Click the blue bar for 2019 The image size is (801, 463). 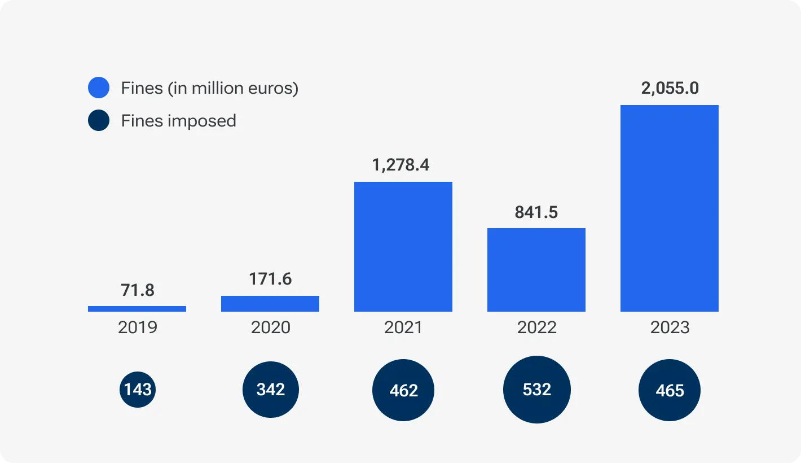click(137, 309)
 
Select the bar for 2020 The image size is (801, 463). click(270, 304)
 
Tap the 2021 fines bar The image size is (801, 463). click(403, 247)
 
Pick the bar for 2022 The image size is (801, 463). click(536, 270)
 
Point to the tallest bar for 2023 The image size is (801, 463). click(670, 208)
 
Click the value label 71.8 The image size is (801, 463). click(137, 290)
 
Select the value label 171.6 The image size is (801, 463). click(270, 279)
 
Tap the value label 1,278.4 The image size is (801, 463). click(401, 165)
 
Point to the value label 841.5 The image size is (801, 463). click(536, 212)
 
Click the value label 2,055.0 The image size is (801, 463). click(670, 89)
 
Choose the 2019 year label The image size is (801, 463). click(137, 327)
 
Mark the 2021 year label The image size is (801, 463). click(403, 327)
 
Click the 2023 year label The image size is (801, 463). click(670, 327)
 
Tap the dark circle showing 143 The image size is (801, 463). click(137, 390)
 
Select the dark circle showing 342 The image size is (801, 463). click(271, 390)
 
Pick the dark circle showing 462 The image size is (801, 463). click(403, 390)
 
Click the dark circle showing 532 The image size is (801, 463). click(536, 390)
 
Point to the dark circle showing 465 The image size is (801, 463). click(670, 391)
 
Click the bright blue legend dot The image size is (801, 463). click(99, 88)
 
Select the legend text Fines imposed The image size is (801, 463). click(178, 121)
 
